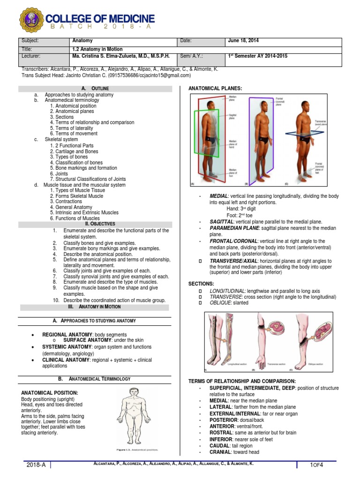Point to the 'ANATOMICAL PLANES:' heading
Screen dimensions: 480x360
[x=215, y=88]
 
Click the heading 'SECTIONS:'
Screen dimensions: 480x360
[x=201, y=284]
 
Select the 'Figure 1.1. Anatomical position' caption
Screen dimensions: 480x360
[x=137, y=450]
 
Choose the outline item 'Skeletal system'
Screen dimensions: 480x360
[x=61, y=139]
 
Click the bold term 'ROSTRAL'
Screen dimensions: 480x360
[x=220, y=433]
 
